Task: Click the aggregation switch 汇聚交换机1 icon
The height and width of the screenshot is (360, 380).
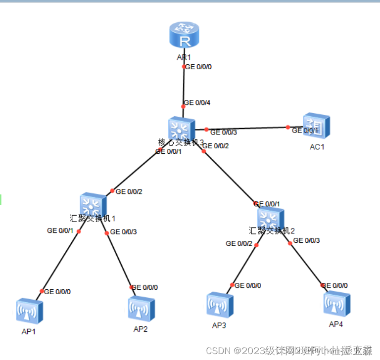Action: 93,205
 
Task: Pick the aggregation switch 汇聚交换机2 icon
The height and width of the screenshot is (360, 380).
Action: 271,218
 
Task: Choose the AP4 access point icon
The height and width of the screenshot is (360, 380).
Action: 337,303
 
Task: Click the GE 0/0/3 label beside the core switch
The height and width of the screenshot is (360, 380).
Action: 224,132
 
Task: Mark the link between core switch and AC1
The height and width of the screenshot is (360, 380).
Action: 247,128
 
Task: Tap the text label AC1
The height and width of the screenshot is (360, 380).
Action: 317,147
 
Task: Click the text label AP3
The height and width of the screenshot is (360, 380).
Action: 219,325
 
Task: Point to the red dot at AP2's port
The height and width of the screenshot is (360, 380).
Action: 132,287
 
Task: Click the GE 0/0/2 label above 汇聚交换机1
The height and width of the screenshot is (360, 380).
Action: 130,191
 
